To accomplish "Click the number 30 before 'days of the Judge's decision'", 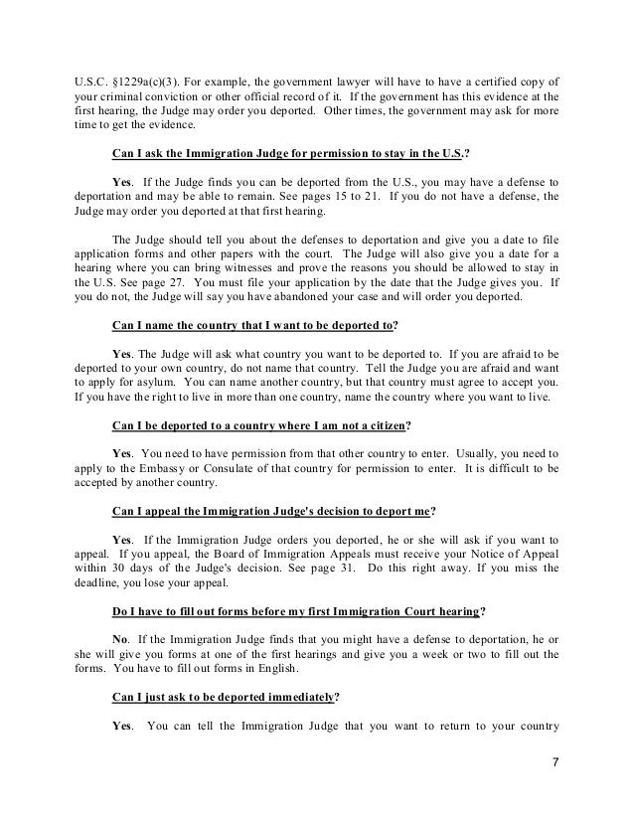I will click(121, 564).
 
